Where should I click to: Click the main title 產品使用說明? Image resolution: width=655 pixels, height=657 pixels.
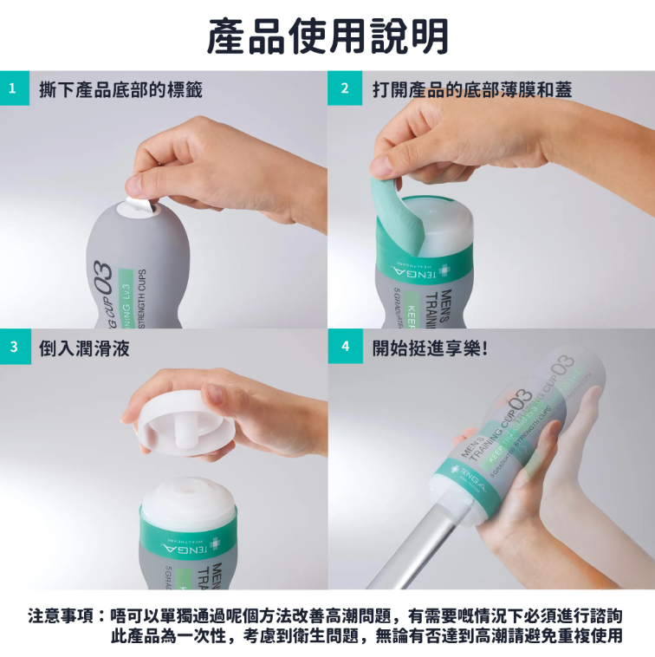(327, 36)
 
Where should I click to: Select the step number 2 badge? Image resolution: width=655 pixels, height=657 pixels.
(344, 88)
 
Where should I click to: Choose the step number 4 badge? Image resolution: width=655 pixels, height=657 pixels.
(344, 348)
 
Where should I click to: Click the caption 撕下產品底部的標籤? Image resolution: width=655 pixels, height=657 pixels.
(121, 88)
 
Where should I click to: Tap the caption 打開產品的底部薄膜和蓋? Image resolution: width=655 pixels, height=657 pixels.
(472, 88)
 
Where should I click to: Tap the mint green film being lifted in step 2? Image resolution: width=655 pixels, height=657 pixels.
(395, 205)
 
